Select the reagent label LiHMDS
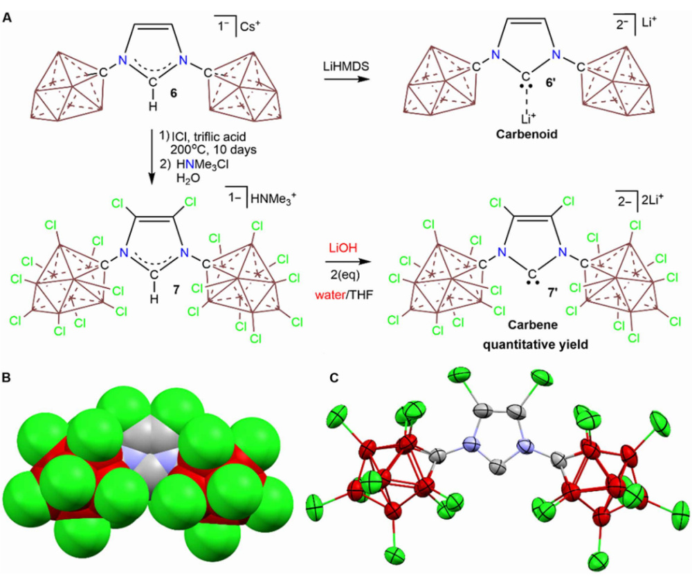click(343, 67)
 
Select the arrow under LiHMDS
click(343, 80)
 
